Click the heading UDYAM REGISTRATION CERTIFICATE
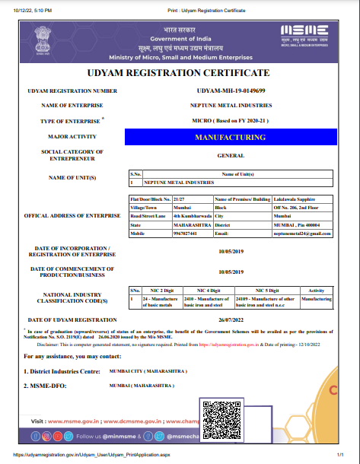coord(180,73)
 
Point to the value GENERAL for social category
coord(230,154)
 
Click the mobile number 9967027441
coord(186,233)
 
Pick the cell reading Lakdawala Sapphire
coord(295,199)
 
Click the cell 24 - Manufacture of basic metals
coord(142,303)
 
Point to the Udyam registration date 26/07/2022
coord(230,319)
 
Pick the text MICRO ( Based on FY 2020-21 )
coord(230,121)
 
